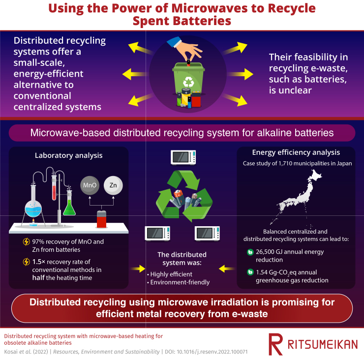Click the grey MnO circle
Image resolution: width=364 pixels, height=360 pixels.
tap(90, 185)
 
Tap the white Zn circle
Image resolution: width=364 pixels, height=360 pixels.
tap(113, 185)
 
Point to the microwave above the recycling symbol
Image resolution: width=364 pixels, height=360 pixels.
tap(183, 157)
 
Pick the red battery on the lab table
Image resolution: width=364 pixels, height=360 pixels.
tap(101, 219)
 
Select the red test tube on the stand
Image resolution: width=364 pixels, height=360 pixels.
tap(54, 188)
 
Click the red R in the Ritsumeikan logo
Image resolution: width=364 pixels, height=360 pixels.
tap(275, 344)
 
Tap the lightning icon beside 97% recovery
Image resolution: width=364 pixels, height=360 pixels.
tap(26, 241)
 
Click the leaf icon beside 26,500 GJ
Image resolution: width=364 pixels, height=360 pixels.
tap(250, 252)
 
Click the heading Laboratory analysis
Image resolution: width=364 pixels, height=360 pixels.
tap(69, 155)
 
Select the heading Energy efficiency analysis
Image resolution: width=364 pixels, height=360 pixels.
tap(296, 152)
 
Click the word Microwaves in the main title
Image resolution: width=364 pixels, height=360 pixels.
tap(210, 8)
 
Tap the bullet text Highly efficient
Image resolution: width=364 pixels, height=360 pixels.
tap(171, 274)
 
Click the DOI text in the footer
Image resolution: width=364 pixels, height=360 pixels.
tap(206, 352)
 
